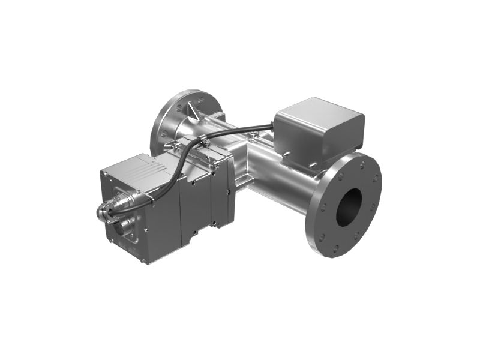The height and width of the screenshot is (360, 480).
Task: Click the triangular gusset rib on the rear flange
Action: [x=191, y=110]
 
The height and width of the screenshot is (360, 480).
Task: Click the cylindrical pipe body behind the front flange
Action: [x=282, y=186]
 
